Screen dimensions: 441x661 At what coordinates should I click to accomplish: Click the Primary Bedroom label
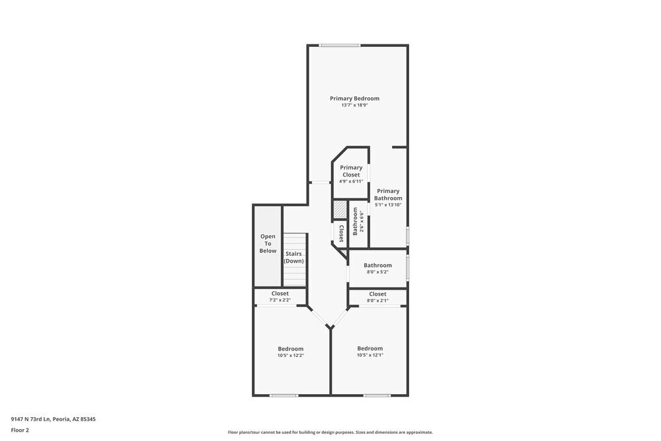click(x=355, y=99)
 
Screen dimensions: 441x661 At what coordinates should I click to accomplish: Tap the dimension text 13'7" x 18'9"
click(x=354, y=105)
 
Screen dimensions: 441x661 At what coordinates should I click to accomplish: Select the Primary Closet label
click(x=351, y=171)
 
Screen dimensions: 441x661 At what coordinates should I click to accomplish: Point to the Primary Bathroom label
click(x=388, y=194)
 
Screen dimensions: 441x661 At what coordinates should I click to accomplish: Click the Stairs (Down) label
click(x=293, y=257)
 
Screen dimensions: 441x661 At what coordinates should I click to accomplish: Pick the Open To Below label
click(x=268, y=243)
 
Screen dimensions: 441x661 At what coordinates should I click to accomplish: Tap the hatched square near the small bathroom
click(x=340, y=210)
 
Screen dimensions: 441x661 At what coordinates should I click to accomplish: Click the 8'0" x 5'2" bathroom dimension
click(x=377, y=272)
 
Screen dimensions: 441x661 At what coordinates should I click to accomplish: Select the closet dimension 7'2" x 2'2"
click(x=280, y=300)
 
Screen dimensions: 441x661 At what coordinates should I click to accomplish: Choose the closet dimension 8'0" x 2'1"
click(x=377, y=301)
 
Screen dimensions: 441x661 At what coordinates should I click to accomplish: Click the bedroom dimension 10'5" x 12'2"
click(x=291, y=356)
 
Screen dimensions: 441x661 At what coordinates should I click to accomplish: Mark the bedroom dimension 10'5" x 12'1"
click(x=370, y=355)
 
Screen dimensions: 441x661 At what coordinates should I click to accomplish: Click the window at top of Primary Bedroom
click(x=340, y=45)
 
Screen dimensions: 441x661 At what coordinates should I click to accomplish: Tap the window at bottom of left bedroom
click(x=284, y=395)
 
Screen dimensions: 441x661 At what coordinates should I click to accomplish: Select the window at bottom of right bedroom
click(x=377, y=395)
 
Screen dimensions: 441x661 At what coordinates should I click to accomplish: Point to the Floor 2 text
click(x=20, y=430)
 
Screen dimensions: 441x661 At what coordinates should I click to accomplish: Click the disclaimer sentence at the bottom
click(x=330, y=432)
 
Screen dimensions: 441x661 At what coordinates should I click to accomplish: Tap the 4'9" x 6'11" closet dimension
click(x=350, y=181)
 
